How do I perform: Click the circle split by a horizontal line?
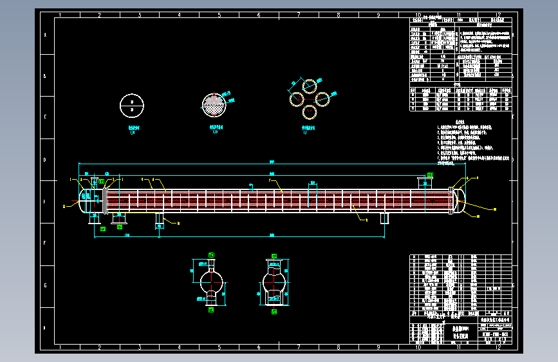[132, 104]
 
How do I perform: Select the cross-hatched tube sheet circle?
[215, 104]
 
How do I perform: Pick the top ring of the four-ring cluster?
[310, 86]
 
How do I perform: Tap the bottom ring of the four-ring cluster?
[310, 111]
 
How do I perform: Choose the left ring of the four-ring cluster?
[297, 99]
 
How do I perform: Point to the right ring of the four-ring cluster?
[322, 99]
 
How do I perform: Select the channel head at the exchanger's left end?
[86, 202]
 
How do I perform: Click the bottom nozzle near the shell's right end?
[385, 218]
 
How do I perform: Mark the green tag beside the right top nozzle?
[431, 175]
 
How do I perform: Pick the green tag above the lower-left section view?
[210, 256]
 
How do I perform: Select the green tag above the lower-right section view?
[274, 256]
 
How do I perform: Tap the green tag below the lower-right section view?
[274, 312]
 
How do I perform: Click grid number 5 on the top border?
[219, 14]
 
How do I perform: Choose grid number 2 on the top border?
[99, 14]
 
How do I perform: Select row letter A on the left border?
[44, 35]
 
